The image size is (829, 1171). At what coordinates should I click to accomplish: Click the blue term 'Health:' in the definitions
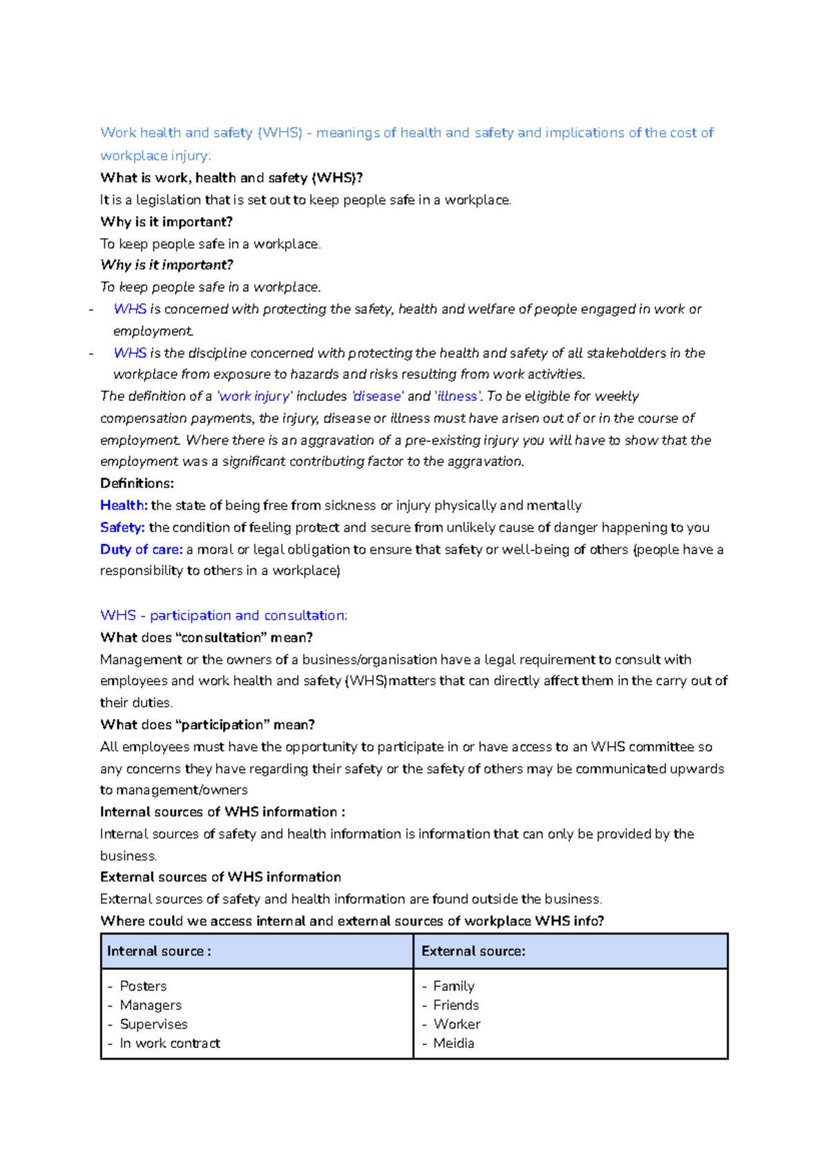tap(124, 505)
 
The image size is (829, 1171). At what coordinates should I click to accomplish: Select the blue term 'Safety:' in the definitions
tap(122, 527)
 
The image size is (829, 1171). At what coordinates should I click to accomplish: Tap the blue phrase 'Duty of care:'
tap(141, 550)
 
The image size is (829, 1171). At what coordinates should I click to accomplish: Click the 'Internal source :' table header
tap(159, 951)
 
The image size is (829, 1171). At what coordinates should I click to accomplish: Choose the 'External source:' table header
tap(473, 951)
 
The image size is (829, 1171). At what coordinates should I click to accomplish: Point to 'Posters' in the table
tap(143, 986)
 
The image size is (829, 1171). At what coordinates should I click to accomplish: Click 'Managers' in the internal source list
tap(151, 1005)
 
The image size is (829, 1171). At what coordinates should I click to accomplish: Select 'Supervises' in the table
tap(153, 1024)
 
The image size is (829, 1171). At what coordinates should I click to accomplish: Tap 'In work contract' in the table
tap(169, 1043)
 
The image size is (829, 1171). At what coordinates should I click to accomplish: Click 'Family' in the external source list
tap(453, 986)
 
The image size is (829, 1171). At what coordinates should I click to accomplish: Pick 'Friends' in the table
tap(456, 1005)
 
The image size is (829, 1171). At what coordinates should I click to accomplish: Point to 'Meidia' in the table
tap(453, 1043)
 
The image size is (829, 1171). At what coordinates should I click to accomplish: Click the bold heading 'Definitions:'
tap(137, 483)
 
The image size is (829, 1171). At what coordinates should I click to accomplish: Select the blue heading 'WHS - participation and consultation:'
tap(223, 615)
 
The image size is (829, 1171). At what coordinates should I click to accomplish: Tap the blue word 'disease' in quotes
tap(378, 396)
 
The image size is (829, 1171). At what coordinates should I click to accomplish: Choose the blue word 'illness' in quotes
tap(457, 396)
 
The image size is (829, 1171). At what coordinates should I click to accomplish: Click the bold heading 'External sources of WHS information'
tap(220, 877)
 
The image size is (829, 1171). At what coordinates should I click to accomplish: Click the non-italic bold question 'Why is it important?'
tap(166, 222)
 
